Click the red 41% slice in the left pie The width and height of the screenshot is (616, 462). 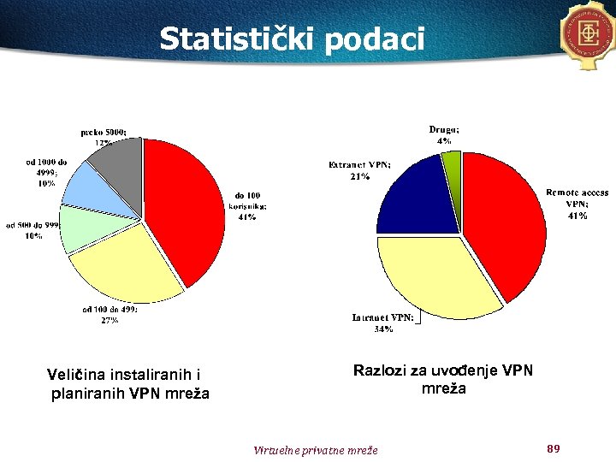click(184, 205)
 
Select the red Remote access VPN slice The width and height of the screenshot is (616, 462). click(505, 222)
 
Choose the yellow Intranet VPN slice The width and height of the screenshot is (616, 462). click(428, 274)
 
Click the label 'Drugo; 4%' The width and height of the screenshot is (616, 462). click(443, 134)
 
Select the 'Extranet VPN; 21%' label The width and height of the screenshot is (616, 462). click(359, 170)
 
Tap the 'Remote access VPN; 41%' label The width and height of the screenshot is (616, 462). click(577, 204)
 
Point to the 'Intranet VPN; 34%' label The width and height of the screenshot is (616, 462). click(383, 323)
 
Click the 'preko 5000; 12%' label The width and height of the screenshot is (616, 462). click(104, 137)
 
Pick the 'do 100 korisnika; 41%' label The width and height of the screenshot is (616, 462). click(247, 205)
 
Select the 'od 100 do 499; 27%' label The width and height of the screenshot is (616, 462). click(110, 314)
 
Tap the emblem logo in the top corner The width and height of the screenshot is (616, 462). click(589, 33)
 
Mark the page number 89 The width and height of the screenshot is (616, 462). click(553, 448)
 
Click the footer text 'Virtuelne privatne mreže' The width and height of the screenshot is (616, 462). click(316, 449)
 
